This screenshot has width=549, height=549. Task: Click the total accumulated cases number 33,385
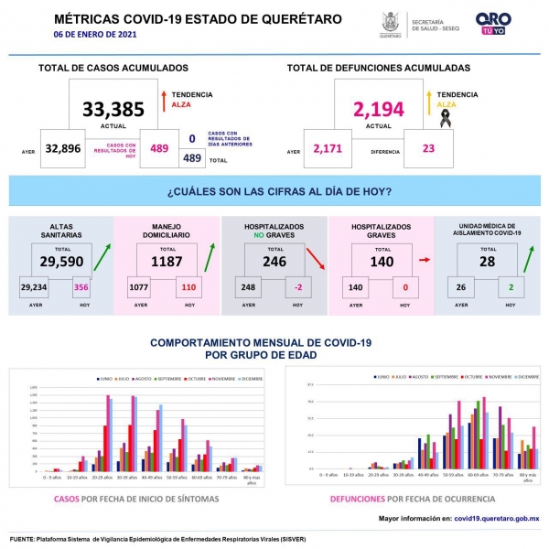click(x=113, y=109)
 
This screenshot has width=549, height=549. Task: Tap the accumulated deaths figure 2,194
click(x=378, y=109)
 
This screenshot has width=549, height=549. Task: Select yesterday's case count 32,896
click(x=63, y=148)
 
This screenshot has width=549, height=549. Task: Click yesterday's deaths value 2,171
click(x=328, y=148)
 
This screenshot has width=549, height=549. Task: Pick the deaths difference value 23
click(x=429, y=148)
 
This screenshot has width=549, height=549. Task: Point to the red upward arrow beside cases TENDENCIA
click(x=162, y=99)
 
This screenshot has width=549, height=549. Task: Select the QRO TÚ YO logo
click(x=493, y=23)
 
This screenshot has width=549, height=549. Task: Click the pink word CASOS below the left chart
click(x=66, y=499)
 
